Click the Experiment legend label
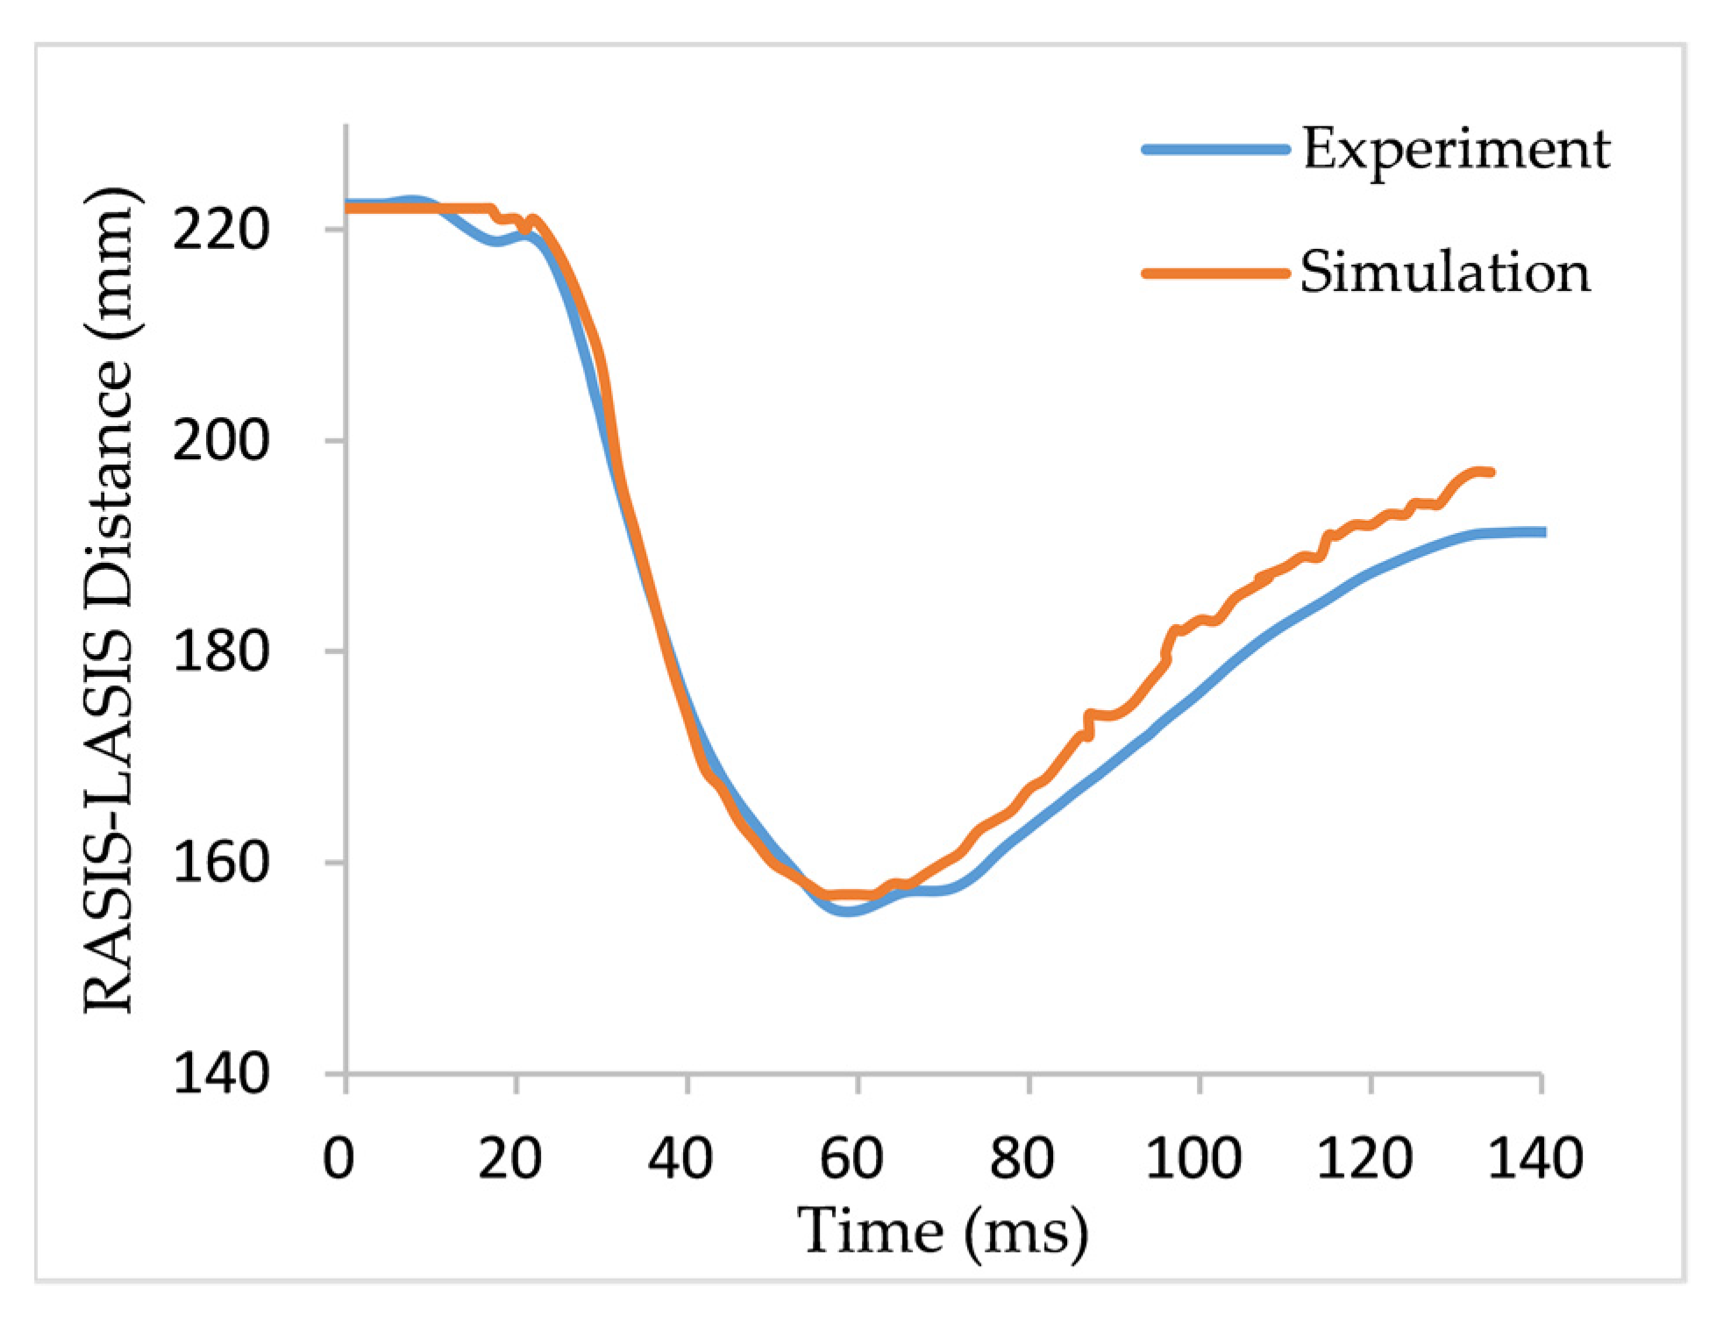click(1456, 149)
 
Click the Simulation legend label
click(1444, 272)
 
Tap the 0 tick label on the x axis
click(338, 1157)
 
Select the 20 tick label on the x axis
click(509, 1157)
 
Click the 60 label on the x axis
click(851, 1157)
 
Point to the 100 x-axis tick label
click(1193, 1157)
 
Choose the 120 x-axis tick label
click(1364, 1157)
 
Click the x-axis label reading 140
click(1535, 1157)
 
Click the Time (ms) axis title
click(943, 1232)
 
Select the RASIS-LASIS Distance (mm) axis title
click(110, 601)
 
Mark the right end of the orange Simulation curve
click(1492, 472)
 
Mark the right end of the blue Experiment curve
click(1543, 532)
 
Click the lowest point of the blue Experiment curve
click(847, 912)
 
